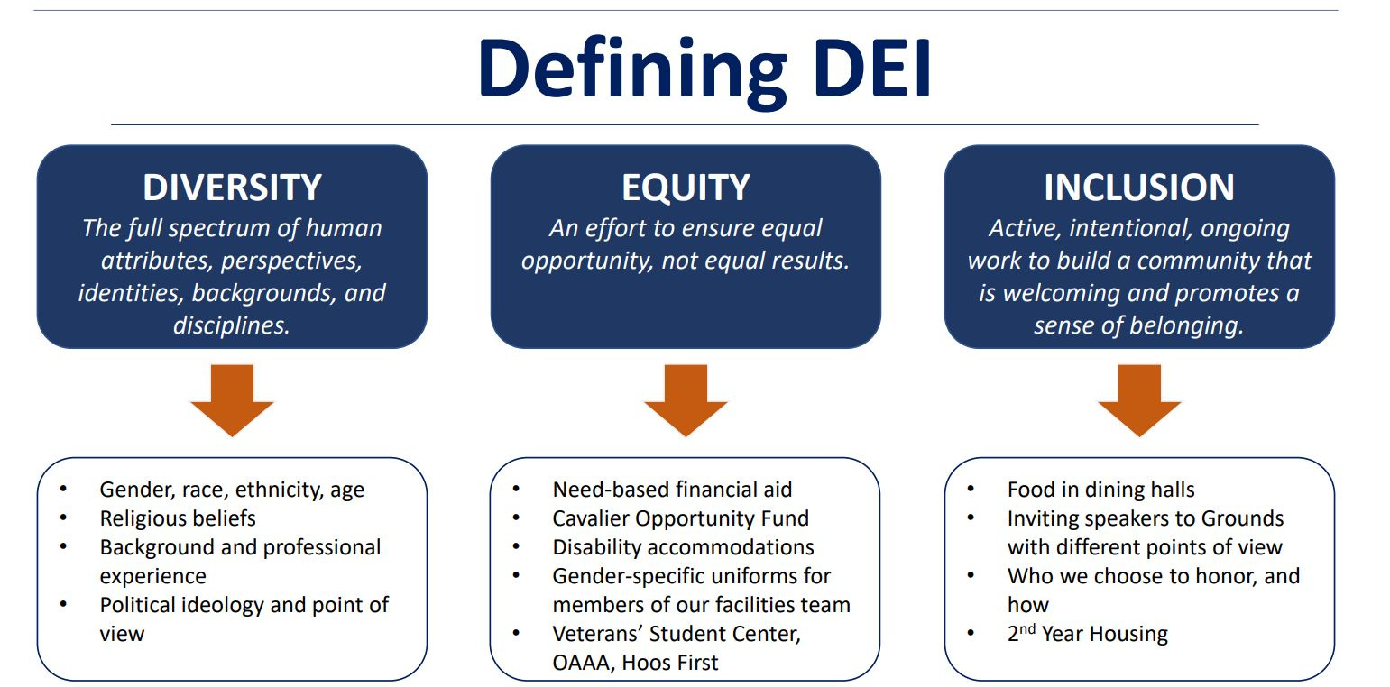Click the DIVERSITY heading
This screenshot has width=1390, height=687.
tap(232, 188)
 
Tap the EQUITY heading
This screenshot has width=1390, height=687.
tap(686, 188)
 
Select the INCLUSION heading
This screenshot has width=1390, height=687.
tap(1139, 188)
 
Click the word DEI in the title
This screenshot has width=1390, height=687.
tap(872, 69)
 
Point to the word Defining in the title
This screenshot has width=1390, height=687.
tap(632, 71)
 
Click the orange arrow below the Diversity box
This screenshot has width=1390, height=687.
tap(232, 400)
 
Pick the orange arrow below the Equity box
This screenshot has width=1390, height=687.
tap(686, 400)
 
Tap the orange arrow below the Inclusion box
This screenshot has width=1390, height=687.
tap(1139, 400)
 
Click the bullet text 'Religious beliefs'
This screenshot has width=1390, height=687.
tap(178, 518)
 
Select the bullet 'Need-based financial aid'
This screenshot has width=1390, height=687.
tap(672, 490)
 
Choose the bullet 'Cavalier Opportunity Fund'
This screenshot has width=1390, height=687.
tap(681, 518)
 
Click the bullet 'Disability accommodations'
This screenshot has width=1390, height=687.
tap(683, 547)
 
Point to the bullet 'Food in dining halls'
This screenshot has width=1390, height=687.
tap(1100, 490)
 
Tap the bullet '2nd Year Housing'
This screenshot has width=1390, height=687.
tap(1088, 633)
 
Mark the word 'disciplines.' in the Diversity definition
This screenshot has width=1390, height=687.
tap(232, 325)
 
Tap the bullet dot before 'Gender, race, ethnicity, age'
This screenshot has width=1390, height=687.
tap(63, 489)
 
